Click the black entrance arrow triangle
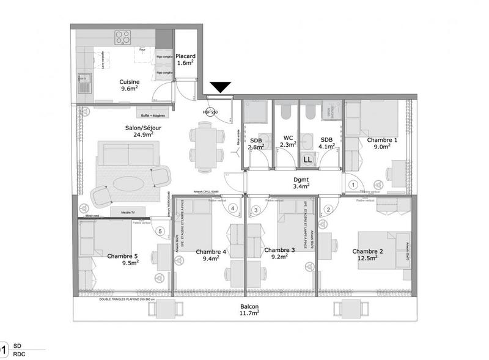coord(219,87)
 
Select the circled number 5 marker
coord(160,231)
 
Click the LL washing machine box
coord(308,159)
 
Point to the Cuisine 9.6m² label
coord(129,85)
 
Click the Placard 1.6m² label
coord(185,58)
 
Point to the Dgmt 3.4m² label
coord(301,182)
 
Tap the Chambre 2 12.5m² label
coord(367,254)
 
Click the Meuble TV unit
coord(124,211)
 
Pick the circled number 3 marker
coord(256,210)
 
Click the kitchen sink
coord(83,81)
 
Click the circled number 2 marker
coord(328,210)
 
